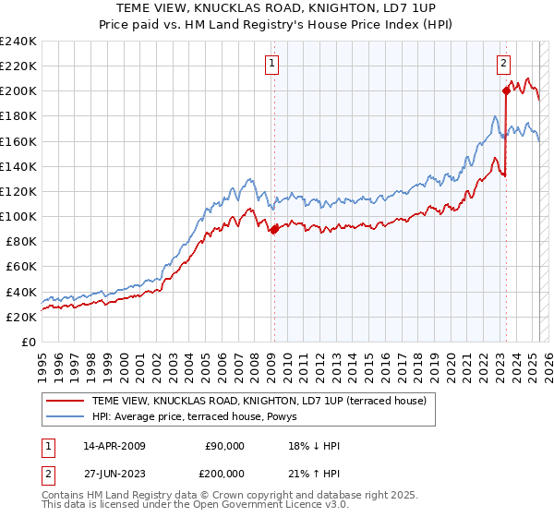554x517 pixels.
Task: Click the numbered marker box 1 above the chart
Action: click(273, 64)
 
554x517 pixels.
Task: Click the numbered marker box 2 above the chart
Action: click(503, 64)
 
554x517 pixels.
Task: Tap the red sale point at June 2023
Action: click(506, 90)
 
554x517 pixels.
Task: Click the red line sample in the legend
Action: click(65, 401)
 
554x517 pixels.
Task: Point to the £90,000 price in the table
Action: click(224, 446)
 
